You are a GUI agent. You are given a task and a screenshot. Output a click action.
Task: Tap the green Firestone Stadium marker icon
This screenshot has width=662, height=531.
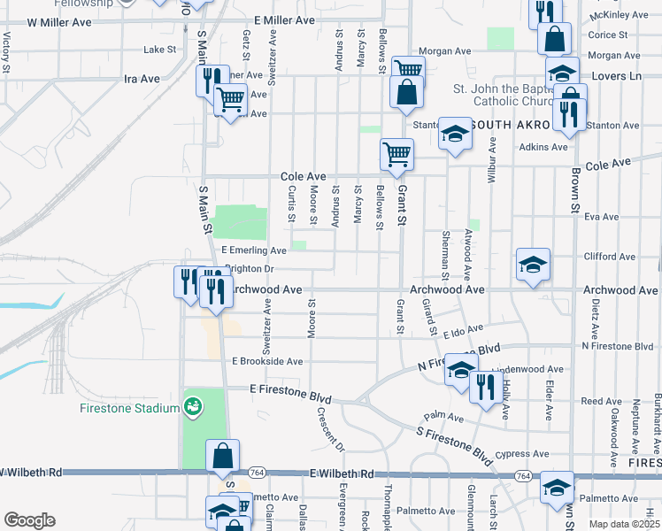[192, 407]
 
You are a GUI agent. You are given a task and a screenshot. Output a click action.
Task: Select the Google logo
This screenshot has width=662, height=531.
[29, 520]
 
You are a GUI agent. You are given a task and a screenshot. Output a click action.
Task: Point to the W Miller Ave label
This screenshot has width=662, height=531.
[59, 19]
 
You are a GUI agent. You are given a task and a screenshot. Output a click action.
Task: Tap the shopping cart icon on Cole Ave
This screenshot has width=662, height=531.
[396, 154]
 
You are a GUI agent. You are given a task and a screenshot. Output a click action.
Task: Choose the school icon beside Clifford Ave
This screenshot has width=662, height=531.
[533, 264]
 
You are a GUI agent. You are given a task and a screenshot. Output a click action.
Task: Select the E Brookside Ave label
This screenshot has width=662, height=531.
[267, 361]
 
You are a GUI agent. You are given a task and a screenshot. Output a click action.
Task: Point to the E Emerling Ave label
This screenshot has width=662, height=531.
[254, 250]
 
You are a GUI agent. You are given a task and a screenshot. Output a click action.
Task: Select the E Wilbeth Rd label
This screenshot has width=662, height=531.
[343, 474]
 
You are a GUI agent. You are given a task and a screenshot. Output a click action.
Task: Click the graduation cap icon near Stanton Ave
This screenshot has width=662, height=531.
[455, 133]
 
